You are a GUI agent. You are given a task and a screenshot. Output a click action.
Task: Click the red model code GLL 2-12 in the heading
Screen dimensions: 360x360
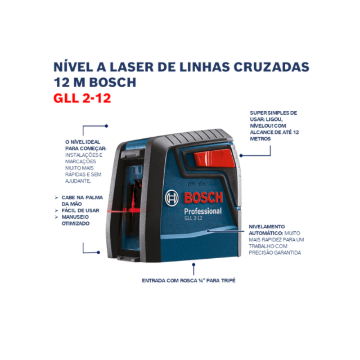pos(82,97)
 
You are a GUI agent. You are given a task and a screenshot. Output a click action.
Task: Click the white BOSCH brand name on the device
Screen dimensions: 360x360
pos(202,198)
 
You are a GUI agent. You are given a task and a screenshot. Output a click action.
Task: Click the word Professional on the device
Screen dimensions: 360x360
pos(202,211)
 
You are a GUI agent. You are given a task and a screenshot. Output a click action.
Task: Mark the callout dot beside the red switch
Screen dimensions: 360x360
pos(240,156)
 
